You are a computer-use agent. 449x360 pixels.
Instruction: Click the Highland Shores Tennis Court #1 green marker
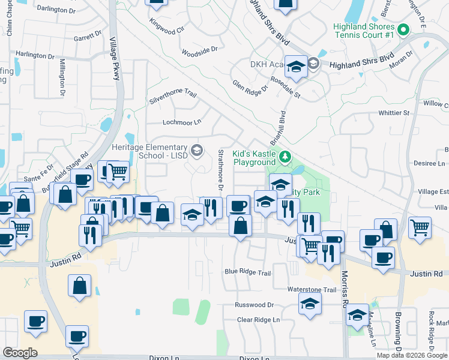404,29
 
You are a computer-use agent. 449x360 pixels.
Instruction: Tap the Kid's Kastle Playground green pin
285,158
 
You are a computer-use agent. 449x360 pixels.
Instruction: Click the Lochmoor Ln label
181,122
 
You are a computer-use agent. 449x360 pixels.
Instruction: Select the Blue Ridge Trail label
247,272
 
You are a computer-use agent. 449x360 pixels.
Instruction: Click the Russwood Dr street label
255,305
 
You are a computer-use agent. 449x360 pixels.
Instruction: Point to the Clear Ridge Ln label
258,320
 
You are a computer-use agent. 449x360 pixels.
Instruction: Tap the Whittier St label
394,113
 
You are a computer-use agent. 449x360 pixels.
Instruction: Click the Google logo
20,353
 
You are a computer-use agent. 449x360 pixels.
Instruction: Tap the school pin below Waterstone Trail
310,305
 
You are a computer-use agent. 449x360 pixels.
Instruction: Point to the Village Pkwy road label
114,58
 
